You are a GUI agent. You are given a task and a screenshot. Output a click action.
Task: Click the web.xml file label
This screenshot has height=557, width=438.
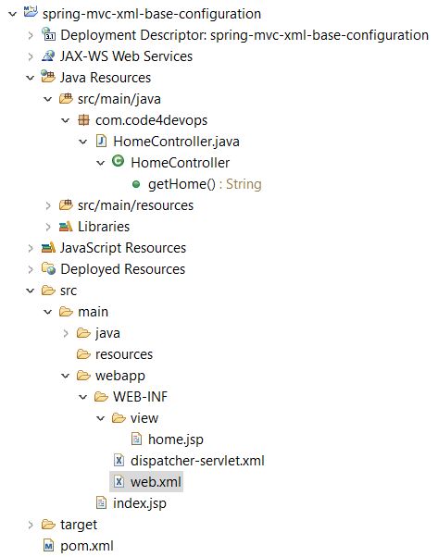(x=156, y=482)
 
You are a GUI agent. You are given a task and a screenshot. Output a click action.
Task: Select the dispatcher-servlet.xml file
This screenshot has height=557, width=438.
(x=197, y=461)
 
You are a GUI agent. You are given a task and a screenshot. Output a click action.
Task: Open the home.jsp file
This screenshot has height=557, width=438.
(x=176, y=439)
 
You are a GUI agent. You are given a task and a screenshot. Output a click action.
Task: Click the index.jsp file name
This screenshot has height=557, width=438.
(x=139, y=503)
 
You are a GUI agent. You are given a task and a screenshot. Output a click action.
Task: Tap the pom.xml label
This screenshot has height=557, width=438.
(x=87, y=546)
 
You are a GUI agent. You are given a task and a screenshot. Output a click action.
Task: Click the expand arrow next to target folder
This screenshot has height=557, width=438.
(x=31, y=525)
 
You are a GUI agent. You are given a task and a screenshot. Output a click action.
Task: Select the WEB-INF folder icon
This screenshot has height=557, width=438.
(x=101, y=396)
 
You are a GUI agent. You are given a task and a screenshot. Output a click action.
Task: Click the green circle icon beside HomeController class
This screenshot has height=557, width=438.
(x=118, y=161)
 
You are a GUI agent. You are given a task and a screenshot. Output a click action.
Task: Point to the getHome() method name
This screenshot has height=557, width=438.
(x=181, y=184)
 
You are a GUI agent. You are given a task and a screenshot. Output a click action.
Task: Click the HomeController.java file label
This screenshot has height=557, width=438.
(x=176, y=142)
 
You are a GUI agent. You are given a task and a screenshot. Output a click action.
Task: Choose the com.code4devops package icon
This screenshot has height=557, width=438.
(x=83, y=120)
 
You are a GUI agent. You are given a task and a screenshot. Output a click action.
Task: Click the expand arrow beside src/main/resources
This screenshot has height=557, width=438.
(x=48, y=205)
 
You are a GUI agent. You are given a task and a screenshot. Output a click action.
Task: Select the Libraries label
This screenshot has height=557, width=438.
(x=104, y=227)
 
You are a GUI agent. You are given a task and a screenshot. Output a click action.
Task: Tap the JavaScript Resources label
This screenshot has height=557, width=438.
(x=123, y=248)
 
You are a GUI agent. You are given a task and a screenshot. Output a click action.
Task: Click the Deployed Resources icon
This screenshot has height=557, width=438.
(x=48, y=268)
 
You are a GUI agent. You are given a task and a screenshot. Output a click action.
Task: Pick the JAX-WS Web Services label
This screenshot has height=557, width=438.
(x=126, y=56)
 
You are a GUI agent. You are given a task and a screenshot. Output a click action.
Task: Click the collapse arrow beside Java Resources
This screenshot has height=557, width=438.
(x=31, y=78)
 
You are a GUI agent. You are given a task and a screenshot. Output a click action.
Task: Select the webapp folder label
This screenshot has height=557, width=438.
(x=120, y=376)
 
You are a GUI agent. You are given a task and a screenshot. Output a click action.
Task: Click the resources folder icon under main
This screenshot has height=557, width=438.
(x=83, y=353)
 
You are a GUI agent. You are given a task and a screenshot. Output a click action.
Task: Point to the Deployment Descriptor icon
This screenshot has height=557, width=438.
(x=48, y=34)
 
